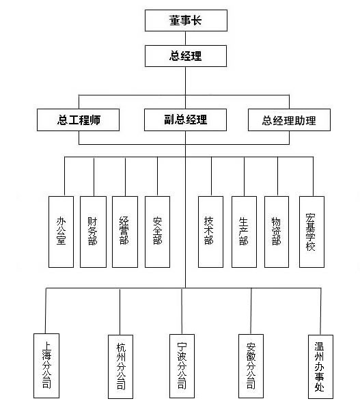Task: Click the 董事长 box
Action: tap(186, 20)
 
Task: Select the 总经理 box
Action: tap(186, 56)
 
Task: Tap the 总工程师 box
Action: tap(78, 120)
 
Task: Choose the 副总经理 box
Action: tap(185, 120)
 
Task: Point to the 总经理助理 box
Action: tap(289, 120)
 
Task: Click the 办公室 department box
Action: tap(61, 232)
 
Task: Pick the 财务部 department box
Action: tap(93, 232)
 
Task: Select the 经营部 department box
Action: tap(125, 232)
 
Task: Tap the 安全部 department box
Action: tap(157, 232)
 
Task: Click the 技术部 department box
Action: tap(210, 232)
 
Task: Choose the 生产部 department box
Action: tap(244, 232)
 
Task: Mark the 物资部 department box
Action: tap(277, 232)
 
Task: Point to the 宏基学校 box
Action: tap(311, 232)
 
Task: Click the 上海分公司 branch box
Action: tap(46, 365)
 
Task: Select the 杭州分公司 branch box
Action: tap(121, 367)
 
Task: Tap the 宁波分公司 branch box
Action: tap(182, 366)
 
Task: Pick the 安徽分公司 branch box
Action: tap(251, 366)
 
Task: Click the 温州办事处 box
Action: tap(320, 367)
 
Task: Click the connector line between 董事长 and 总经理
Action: tap(185, 38)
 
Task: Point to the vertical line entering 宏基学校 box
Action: tap(314, 176)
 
